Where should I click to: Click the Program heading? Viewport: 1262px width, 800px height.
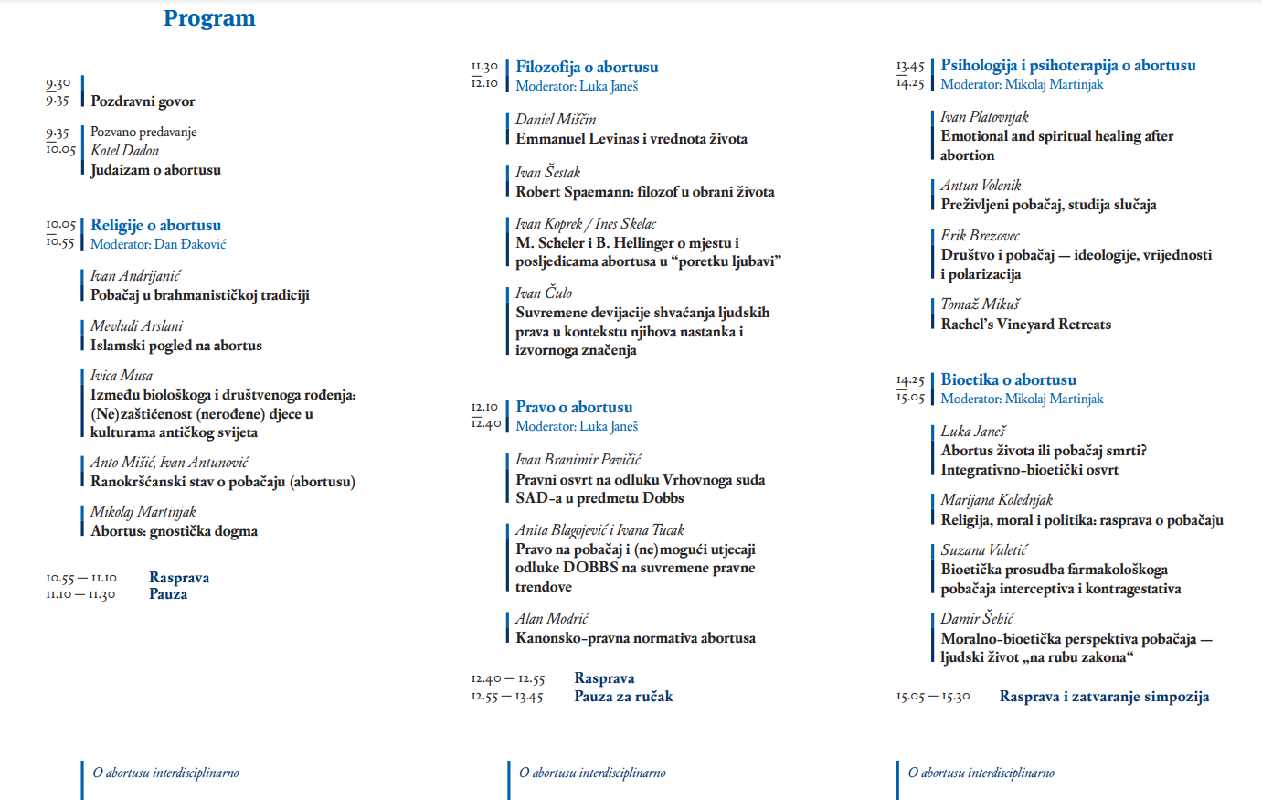coord(209,18)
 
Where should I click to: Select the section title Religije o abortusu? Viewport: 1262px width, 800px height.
coord(155,225)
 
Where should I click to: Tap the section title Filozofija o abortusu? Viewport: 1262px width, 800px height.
coord(587,67)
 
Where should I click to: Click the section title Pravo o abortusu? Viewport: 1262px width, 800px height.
coord(574,407)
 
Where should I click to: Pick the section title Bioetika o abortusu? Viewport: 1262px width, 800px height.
coord(1008,379)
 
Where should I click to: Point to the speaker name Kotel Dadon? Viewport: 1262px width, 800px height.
coord(124,151)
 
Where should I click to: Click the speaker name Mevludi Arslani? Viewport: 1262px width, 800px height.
coord(136,326)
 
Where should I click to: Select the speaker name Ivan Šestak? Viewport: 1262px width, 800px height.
coord(547,172)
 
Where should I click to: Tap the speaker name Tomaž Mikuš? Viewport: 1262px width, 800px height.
coord(980,304)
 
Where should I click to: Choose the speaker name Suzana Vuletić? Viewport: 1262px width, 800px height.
coord(983,549)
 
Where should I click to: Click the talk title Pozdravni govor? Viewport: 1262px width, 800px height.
coord(143,101)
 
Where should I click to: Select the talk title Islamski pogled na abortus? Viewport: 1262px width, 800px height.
coord(175,346)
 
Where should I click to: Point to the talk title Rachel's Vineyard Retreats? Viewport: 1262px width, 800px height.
coord(1025,325)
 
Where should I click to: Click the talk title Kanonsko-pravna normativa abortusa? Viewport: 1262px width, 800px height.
coord(635,638)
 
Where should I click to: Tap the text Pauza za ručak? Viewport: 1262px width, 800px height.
coord(623,697)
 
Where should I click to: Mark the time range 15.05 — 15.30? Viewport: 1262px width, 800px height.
coord(932,697)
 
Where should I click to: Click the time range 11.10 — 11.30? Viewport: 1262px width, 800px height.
coord(80,595)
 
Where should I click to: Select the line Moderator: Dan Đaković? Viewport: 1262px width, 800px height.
coord(157,244)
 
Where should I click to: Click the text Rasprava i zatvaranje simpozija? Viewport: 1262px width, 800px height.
coord(1104,697)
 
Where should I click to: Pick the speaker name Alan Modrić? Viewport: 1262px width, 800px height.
coord(552,619)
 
